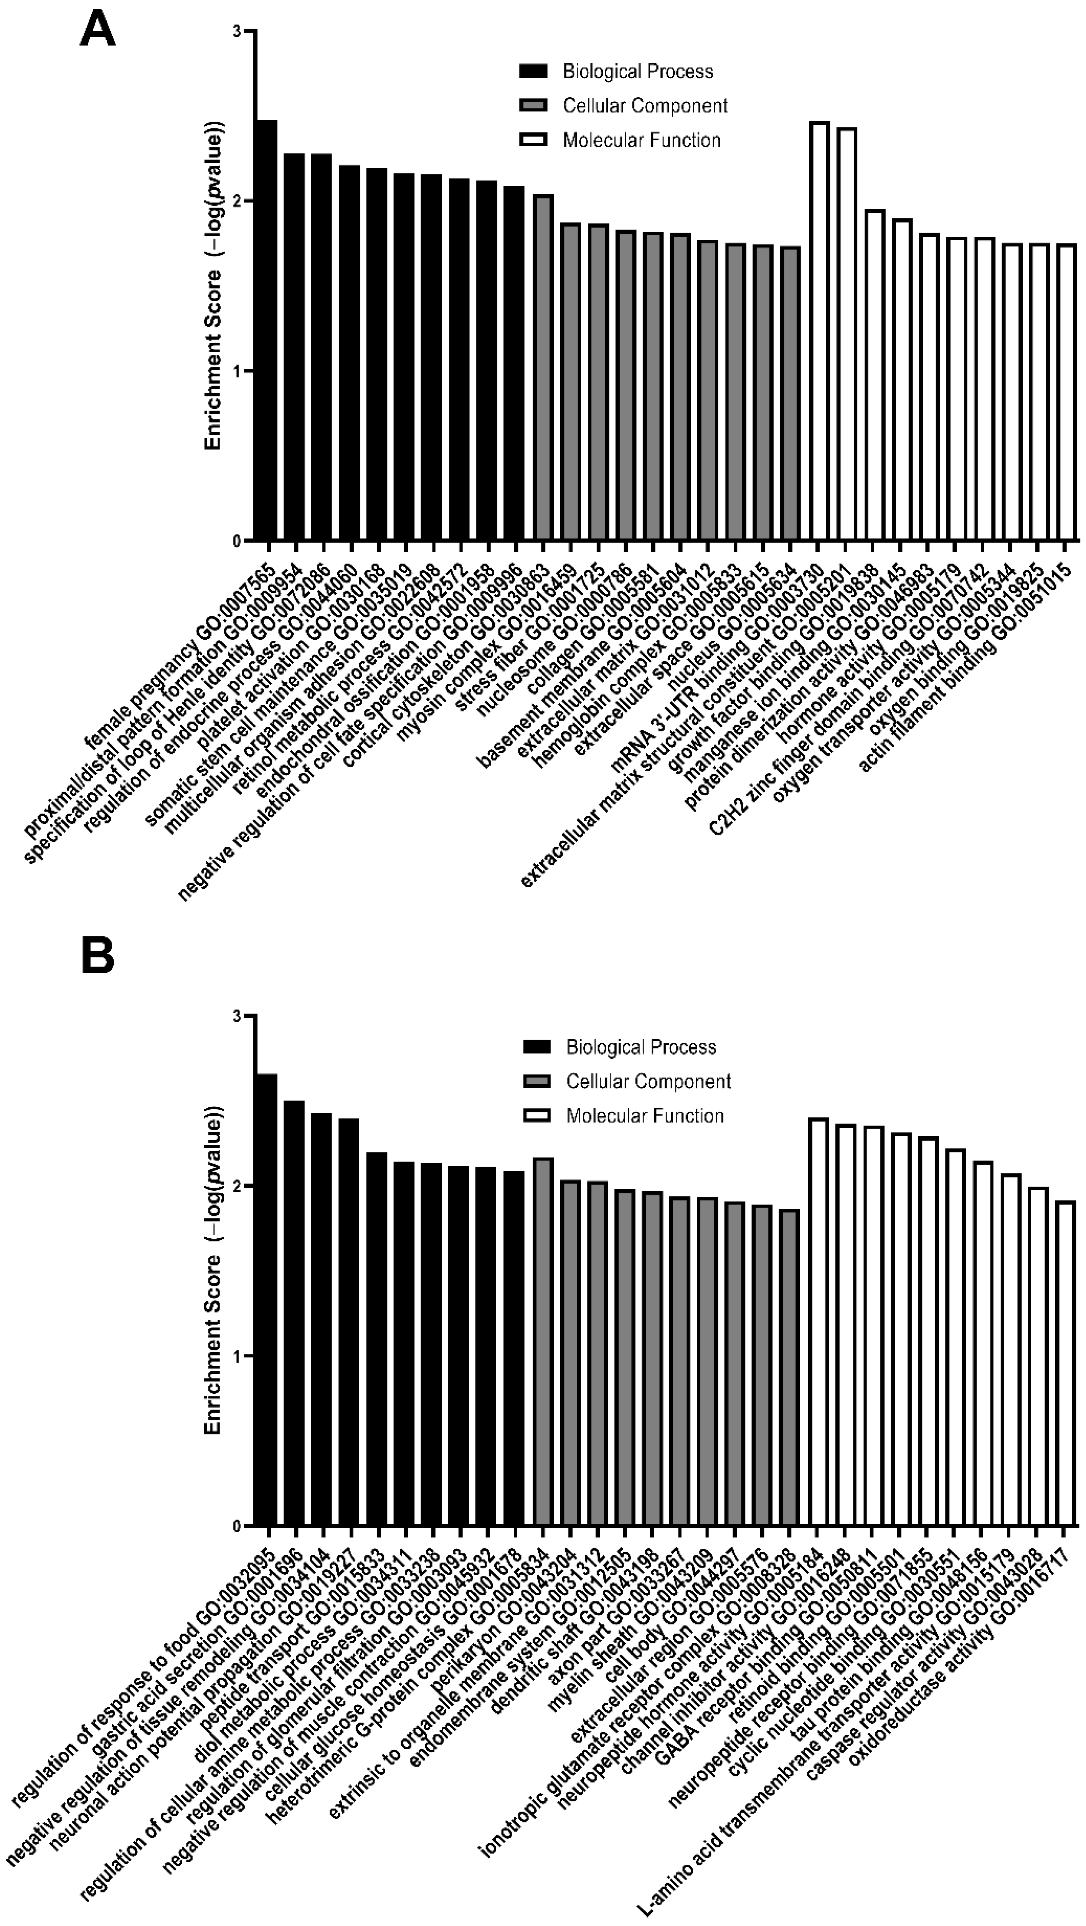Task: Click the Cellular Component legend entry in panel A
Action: tap(645, 106)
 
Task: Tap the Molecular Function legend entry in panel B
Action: tap(645, 1116)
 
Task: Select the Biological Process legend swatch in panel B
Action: tap(536, 1047)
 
